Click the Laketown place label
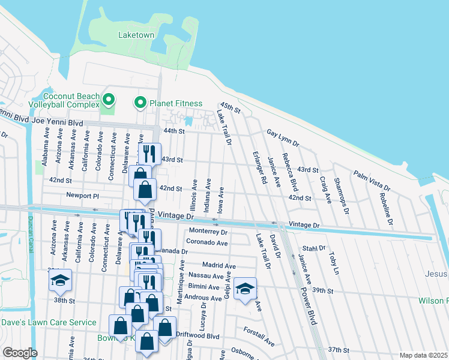(136, 35)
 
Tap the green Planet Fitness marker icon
(140, 103)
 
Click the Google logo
(20, 353)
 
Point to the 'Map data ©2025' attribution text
(423, 355)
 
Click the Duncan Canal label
(34, 229)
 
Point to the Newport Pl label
(82, 196)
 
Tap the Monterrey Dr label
(208, 232)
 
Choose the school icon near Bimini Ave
(245, 289)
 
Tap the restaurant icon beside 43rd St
(149, 154)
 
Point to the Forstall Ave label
(259, 336)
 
